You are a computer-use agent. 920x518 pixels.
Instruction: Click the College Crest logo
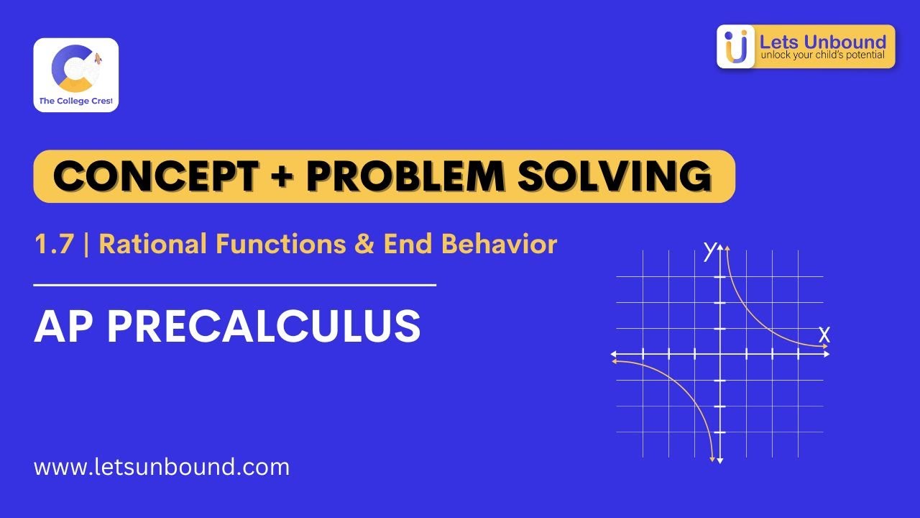coord(75,75)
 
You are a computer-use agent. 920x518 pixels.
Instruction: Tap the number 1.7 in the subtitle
coord(55,245)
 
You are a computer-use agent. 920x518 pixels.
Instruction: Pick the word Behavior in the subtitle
coord(500,245)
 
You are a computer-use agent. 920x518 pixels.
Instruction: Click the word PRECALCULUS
coord(264,327)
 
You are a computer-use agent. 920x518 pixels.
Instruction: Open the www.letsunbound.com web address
coord(162,467)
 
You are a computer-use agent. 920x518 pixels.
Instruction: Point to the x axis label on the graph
coord(824,334)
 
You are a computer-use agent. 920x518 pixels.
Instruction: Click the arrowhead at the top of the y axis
coord(720,247)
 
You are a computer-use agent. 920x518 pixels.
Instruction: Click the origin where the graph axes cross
coord(720,354)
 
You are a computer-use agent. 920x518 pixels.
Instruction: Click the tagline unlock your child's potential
coord(823,55)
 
